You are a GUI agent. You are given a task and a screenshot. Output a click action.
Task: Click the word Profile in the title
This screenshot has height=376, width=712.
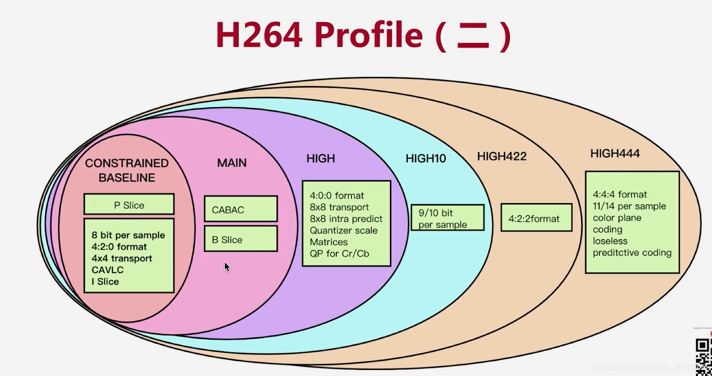click(x=368, y=35)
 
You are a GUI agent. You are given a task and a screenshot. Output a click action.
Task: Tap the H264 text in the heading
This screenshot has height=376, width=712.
click(x=259, y=35)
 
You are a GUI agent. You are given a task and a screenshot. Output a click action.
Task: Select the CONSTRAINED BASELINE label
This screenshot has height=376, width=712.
click(x=127, y=170)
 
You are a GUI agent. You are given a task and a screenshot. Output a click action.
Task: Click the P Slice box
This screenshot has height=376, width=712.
click(x=129, y=205)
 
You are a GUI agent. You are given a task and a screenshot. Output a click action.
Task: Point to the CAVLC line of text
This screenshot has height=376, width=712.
click(x=108, y=270)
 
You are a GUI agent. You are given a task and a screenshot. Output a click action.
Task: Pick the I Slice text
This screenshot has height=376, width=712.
click(x=105, y=282)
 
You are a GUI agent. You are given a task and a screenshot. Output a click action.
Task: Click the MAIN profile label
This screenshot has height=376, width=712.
click(x=232, y=163)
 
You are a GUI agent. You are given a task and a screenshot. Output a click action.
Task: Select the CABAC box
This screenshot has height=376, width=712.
click(x=240, y=209)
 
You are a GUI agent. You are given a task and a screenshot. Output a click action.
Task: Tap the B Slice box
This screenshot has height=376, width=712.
click(x=240, y=239)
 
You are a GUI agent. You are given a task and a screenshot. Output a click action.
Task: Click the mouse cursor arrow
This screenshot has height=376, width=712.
click(x=227, y=267)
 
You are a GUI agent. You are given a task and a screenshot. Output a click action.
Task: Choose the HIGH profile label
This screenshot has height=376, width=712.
click(x=320, y=159)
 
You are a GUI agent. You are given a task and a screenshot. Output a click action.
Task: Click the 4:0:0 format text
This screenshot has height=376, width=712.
click(x=337, y=196)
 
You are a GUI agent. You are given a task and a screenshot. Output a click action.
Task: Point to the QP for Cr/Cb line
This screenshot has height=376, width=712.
click(x=339, y=254)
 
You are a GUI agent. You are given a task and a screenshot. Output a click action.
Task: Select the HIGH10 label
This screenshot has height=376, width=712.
click(x=426, y=159)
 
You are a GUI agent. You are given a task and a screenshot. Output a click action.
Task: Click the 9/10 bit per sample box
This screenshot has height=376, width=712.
click(x=447, y=218)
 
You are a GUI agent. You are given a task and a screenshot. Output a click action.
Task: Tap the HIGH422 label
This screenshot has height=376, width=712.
click(x=502, y=156)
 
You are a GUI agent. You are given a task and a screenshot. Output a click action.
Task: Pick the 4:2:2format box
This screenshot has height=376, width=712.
click(x=536, y=218)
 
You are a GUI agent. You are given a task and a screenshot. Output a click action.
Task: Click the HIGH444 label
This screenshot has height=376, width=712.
click(x=615, y=154)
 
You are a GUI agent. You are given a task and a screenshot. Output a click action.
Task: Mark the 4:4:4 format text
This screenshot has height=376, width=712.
click(x=620, y=195)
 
